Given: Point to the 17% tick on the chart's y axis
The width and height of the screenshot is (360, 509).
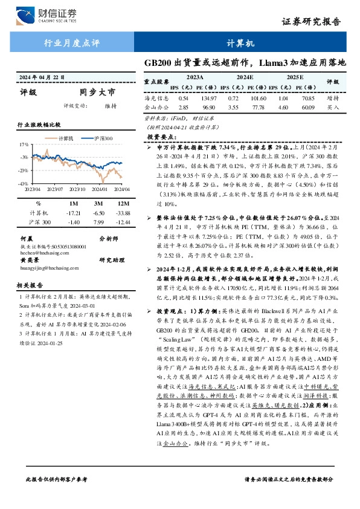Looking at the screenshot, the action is click(24, 145).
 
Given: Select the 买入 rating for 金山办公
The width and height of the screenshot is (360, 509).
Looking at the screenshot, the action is click(333, 107).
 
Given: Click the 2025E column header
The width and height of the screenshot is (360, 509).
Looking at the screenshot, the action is click(295, 78).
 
